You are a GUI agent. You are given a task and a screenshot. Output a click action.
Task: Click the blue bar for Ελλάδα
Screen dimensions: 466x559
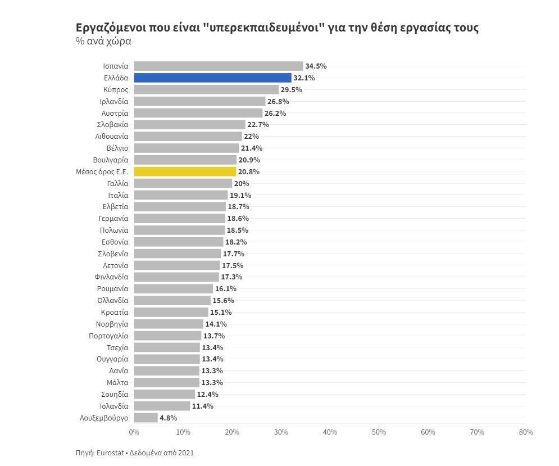pos(212,78)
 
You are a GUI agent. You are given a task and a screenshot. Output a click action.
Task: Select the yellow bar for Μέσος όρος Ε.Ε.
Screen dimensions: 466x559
pos(185,171)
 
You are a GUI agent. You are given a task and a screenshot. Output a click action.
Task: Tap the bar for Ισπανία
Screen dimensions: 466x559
pos(219,66)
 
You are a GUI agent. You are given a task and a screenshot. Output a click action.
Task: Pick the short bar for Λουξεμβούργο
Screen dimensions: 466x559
pos(146,418)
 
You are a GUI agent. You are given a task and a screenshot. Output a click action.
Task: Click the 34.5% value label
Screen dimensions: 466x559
pos(316,66)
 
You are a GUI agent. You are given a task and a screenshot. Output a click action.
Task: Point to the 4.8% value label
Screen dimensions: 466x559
pos(169,418)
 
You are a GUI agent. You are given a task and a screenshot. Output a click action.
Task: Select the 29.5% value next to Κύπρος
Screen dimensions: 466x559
pos(292,89)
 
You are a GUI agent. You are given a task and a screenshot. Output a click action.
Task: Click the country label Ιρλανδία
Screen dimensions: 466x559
pos(114,101)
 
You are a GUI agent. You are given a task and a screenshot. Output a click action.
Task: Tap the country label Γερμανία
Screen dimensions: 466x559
pos(113,219)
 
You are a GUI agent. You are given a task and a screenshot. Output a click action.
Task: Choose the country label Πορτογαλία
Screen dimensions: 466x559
pos(108,336)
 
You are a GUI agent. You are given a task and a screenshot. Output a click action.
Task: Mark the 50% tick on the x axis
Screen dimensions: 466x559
pos(379,432)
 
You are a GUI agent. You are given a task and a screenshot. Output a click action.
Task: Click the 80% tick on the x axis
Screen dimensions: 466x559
pos(526,432)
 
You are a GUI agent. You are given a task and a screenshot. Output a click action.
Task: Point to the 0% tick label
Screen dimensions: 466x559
pos(134,432)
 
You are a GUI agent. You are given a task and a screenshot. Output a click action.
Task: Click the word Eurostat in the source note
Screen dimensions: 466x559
pos(111,452)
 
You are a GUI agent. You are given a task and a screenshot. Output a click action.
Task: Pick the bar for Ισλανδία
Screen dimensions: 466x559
pos(162,406)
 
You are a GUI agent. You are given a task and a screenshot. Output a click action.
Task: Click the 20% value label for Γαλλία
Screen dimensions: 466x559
pos(242,183)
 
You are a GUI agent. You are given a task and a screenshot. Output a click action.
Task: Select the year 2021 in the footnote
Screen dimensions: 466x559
pos(185,452)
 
